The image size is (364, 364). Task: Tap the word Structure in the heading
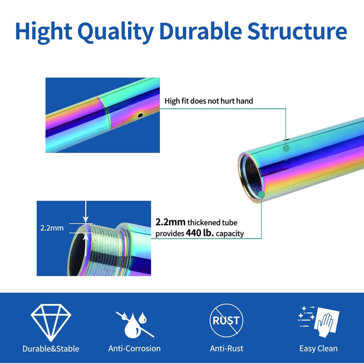coord(297,32)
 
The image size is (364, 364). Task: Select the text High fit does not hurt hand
coord(209,101)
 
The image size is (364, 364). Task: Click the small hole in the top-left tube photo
coord(140,114)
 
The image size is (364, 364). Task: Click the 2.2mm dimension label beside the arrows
coord(52,228)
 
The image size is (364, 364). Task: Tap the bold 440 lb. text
coord(200,233)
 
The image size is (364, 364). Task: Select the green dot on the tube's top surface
coord(286,148)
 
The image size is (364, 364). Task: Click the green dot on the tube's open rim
coord(261,195)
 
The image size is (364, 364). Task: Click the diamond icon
coord(51,322)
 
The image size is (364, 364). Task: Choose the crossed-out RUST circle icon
coord(226,321)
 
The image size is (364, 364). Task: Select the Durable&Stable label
coord(51,348)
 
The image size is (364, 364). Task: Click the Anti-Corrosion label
coord(135,348)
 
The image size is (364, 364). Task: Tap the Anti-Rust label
coord(226,348)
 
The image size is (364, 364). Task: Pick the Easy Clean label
coord(318,348)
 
